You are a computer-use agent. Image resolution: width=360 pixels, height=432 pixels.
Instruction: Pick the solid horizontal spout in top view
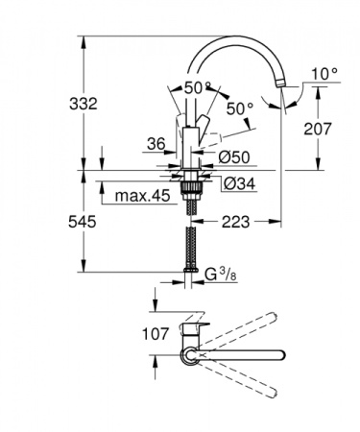click(250, 356)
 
